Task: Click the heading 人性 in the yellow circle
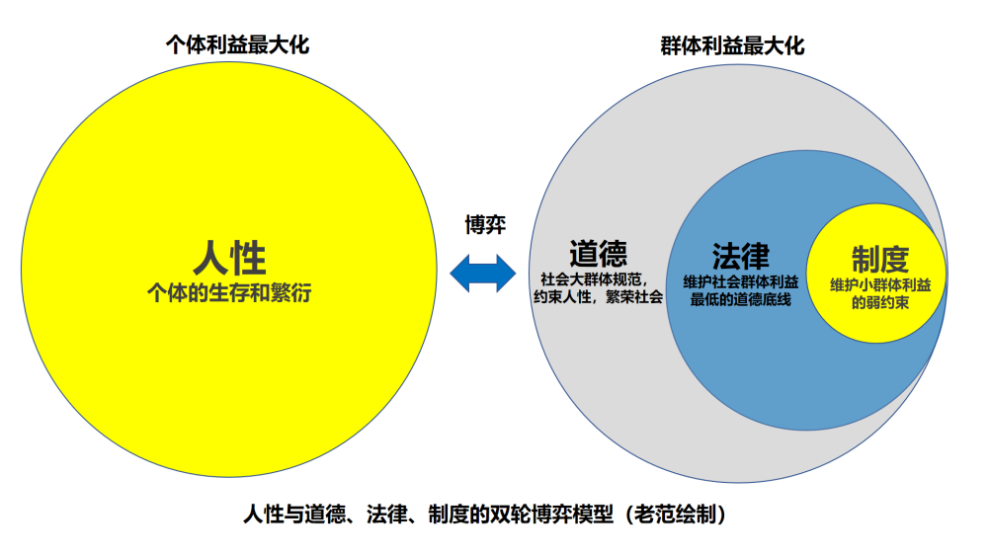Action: [229, 259]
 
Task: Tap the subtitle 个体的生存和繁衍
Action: [229, 292]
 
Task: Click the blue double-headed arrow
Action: [484, 273]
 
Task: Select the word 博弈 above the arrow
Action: [485, 225]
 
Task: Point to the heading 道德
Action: [598, 254]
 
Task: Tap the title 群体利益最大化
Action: [732, 45]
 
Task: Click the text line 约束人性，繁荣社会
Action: [598, 297]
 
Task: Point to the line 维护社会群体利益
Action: [741, 281]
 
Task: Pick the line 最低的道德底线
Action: [741, 299]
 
